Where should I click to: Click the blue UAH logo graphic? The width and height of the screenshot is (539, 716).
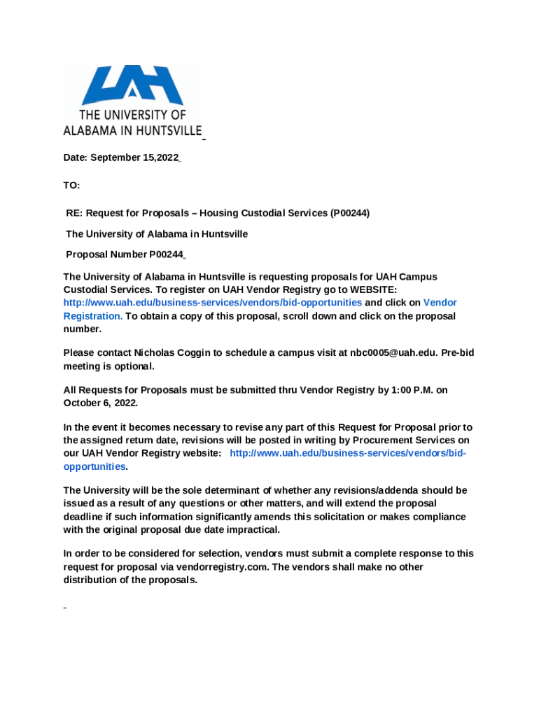tap(132, 85)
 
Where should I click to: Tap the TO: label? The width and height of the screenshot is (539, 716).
tap(71, 185)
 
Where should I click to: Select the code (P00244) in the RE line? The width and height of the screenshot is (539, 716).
tap(350, 213)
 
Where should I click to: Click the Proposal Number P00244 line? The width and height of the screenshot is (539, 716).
tap(125, 255)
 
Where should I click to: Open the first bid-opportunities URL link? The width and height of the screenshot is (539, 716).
tap(213, 303)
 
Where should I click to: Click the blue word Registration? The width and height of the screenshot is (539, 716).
tap(92, 316)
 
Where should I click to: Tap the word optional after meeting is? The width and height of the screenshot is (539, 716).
tap(133, 366)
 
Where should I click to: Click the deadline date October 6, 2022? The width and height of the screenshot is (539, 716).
tap(100, 403)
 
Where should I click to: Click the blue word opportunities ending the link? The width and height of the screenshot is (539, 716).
tap(94, 466)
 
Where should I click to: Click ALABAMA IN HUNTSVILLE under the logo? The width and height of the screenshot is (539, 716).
tap(132, 130)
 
